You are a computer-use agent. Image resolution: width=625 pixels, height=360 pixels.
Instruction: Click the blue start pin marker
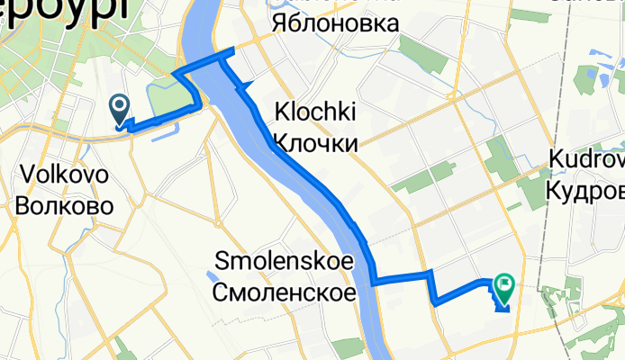120,110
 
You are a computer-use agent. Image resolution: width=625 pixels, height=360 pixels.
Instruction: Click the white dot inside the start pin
120,105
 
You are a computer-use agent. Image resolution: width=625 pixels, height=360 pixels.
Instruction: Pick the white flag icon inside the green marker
504,285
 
